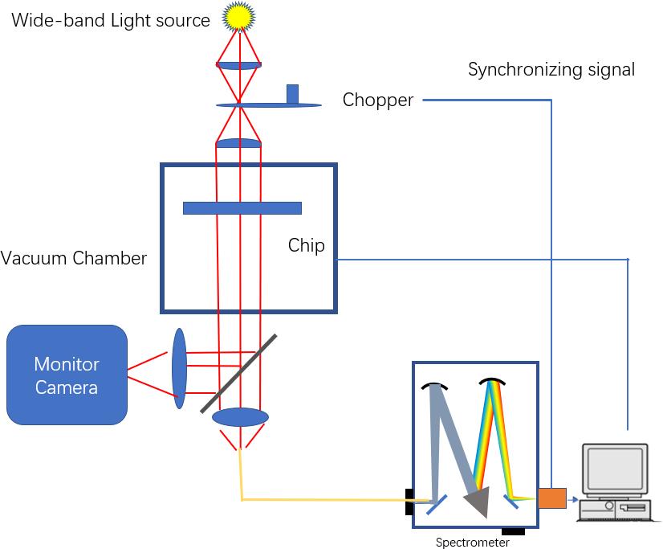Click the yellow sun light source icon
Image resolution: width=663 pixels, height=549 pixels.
(238, 15)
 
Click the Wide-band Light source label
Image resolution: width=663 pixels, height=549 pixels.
(110, 20)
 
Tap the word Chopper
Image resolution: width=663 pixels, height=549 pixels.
(377, 100)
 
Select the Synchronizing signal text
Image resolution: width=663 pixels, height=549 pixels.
(551, 70)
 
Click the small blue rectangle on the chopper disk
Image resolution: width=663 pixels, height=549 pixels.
(292, 93)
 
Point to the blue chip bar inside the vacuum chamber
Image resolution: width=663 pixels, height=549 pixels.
(242, 208)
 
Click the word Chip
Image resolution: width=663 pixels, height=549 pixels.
(307, 245)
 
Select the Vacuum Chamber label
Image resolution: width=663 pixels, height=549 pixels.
(74, 259)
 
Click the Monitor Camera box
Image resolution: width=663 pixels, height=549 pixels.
(67, 375)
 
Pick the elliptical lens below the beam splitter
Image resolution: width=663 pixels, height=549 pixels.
(240, 417)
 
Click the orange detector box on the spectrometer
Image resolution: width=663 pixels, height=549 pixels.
(551, 498)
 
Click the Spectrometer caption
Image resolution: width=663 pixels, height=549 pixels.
(472, 543)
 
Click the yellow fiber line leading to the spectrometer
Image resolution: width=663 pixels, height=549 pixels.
(321, 500)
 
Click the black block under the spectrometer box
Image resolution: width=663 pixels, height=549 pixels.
(513, 531)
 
